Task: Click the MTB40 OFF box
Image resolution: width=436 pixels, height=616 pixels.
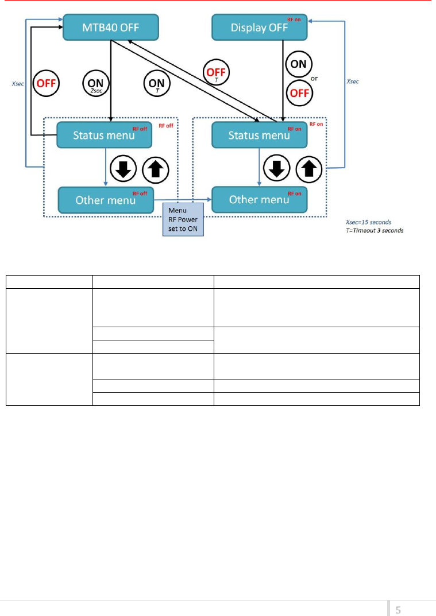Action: tap(109, 28)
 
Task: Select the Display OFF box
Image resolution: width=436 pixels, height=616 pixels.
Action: tap(260, 28)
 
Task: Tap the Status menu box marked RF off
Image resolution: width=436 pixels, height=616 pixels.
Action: tap(103, 135)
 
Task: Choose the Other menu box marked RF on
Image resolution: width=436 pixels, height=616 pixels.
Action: tap(259, 200)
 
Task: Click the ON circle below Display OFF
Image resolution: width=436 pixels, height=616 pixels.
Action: tap(299, 65)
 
